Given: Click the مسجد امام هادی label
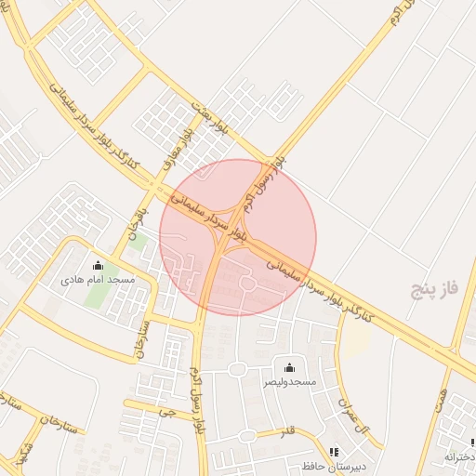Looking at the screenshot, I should click(x=98, y=279).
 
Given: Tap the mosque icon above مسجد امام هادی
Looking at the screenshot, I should click(x=98, y=266).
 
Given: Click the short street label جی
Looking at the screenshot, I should click(x=165, y=409).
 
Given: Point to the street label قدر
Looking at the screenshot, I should click(x=287, y=432).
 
